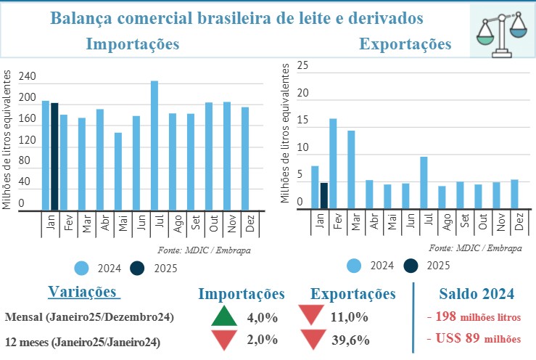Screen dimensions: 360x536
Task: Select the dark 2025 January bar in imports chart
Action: (54, 156)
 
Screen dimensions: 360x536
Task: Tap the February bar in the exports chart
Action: (333, 163)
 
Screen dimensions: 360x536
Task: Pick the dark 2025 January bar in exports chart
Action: (324, 195)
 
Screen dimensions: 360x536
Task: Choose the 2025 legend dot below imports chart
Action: (136, 268)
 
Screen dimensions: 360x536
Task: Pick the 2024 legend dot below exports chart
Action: (355, 266)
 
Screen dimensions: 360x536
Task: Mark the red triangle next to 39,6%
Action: (313, 339)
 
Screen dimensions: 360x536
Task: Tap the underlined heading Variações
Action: (83, 292)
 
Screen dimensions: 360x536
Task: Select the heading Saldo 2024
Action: (477, 294)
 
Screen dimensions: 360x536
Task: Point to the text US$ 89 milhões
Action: (474, 337)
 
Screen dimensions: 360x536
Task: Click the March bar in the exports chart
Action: (351, 169)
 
